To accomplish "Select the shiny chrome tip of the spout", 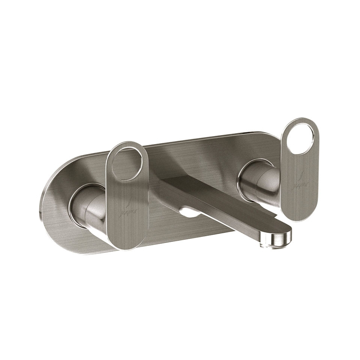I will (x=279, y=238).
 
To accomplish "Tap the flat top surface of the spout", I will (x=225, y=202).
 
